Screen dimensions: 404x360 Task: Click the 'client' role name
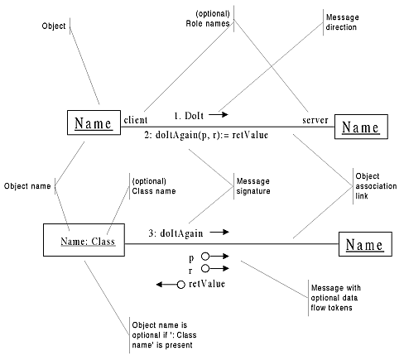pyautogui.click(x=136, y=120)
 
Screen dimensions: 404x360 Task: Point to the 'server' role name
pyautogui.click(x=315, y=120)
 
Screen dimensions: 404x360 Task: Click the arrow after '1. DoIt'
pyautogui.click(x=219, y=114)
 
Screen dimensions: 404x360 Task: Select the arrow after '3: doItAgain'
pyautogui.click(x=219, y=233)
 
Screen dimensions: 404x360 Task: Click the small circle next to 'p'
pyautogui.click(x=205, y=257)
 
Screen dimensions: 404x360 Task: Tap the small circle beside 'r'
pyautogui.click(x=205, y=268)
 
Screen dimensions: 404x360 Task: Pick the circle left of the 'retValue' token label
pyautogui.click(x=180, y=285)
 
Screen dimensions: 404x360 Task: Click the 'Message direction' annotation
pyautogui.click(x=342, y=22)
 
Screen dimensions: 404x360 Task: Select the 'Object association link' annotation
pyautogui.click(x=376, y=186)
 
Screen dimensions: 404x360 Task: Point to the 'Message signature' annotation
pyautogui.click(x=253, y=186)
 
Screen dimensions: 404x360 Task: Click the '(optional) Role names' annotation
pyautogui.click(x=208, y=18)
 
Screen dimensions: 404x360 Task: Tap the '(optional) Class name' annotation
pyautogui.click(x=154, y=186)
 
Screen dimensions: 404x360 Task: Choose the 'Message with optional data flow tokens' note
pyautogui.click(x=335, y=298)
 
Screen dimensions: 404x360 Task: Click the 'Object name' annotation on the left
pyautogui.click(x=27, y=186)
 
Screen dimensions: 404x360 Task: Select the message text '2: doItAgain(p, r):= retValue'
pyautogui.click(x=206, y=135)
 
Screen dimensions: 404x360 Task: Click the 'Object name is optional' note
pyautogui.click(x=164, y=335)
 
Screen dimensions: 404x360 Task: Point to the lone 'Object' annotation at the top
pyautogui.click(x=54, y=26)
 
